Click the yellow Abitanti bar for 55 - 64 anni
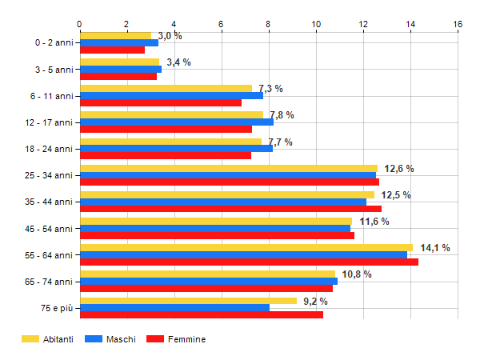tap(246, 248)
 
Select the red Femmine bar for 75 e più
tap(202, 314)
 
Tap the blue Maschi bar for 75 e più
tap(174, 308)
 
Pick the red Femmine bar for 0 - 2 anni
tap(112, 50)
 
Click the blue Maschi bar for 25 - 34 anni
tap(228, 175)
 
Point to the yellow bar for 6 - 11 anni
tap(166, 89)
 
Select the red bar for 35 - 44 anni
tap(230, 209)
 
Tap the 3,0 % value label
tap(170, 36)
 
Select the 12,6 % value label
tap(399, 169)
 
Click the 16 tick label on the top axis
tap(458, 24)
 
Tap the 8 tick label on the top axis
tap(269, 24)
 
